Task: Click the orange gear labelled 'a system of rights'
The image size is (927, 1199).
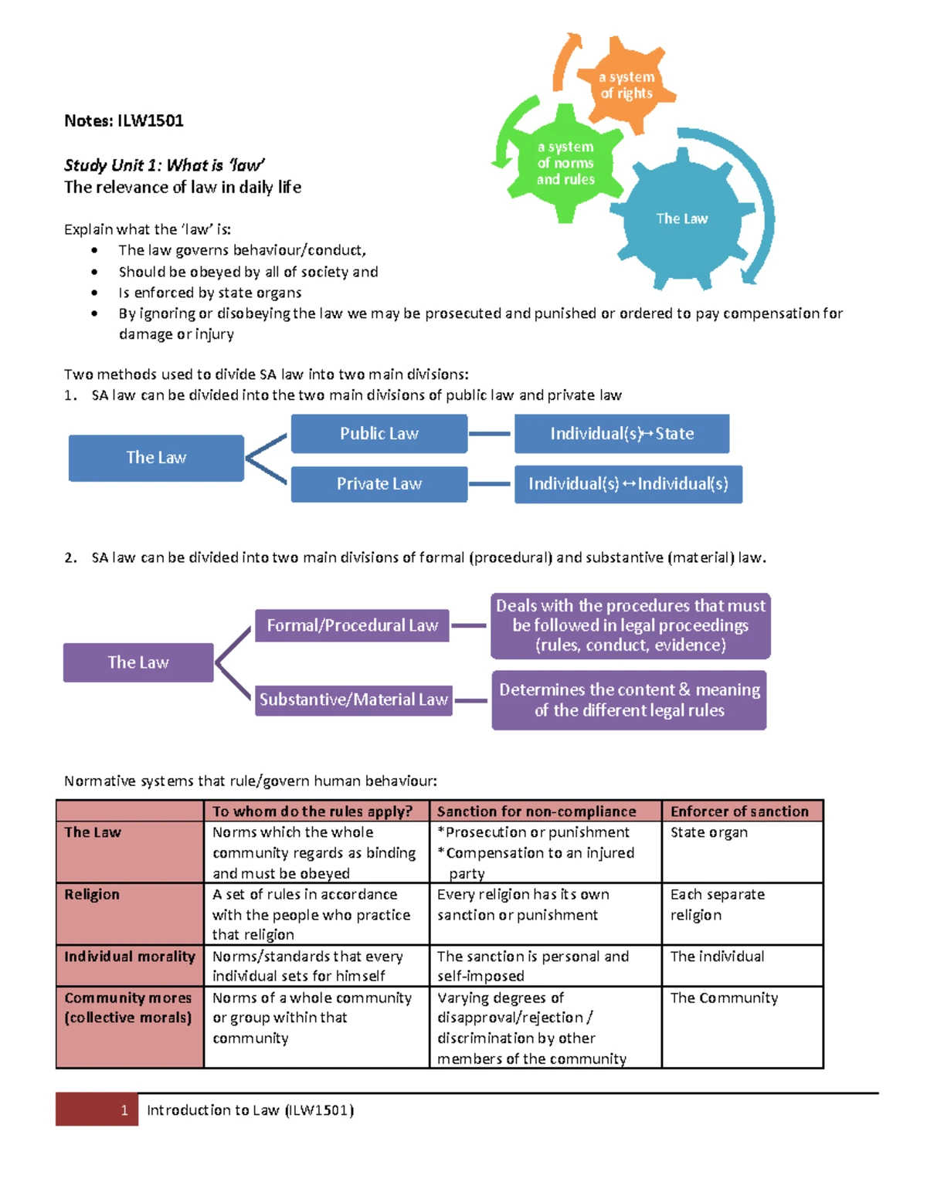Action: point(626,85)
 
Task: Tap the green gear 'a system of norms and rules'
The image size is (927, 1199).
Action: point(566,163)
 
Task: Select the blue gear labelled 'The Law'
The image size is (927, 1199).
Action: point(681,218)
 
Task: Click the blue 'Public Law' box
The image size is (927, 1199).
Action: point(379,433)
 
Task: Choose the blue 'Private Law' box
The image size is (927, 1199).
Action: point(379,484)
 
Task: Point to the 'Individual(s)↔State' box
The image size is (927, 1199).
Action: point(622,433)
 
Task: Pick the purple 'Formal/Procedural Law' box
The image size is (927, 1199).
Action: point(352,625)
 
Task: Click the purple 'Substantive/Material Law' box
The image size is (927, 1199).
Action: point(353,699)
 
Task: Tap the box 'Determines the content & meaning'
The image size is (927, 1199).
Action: point(629,699)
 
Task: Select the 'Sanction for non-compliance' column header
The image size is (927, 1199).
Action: point(536,811)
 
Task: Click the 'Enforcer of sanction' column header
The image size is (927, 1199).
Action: point(739,811)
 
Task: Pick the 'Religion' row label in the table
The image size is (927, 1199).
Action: point(92,894)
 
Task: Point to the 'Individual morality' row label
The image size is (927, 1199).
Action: point(129,957)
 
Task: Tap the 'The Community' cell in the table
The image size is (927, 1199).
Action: point(724,997)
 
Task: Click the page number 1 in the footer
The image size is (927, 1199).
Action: point(124,1110)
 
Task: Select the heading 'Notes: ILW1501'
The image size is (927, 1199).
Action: point(124,120)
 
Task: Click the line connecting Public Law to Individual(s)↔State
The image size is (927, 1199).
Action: point(490,434)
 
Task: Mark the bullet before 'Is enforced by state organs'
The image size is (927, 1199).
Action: point(94,293)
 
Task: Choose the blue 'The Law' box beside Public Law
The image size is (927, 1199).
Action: point(156,458)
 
